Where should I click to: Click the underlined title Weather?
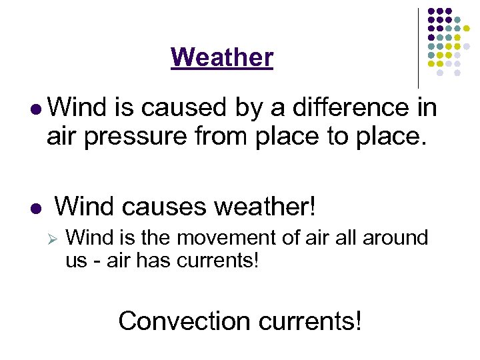[222, 58]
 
